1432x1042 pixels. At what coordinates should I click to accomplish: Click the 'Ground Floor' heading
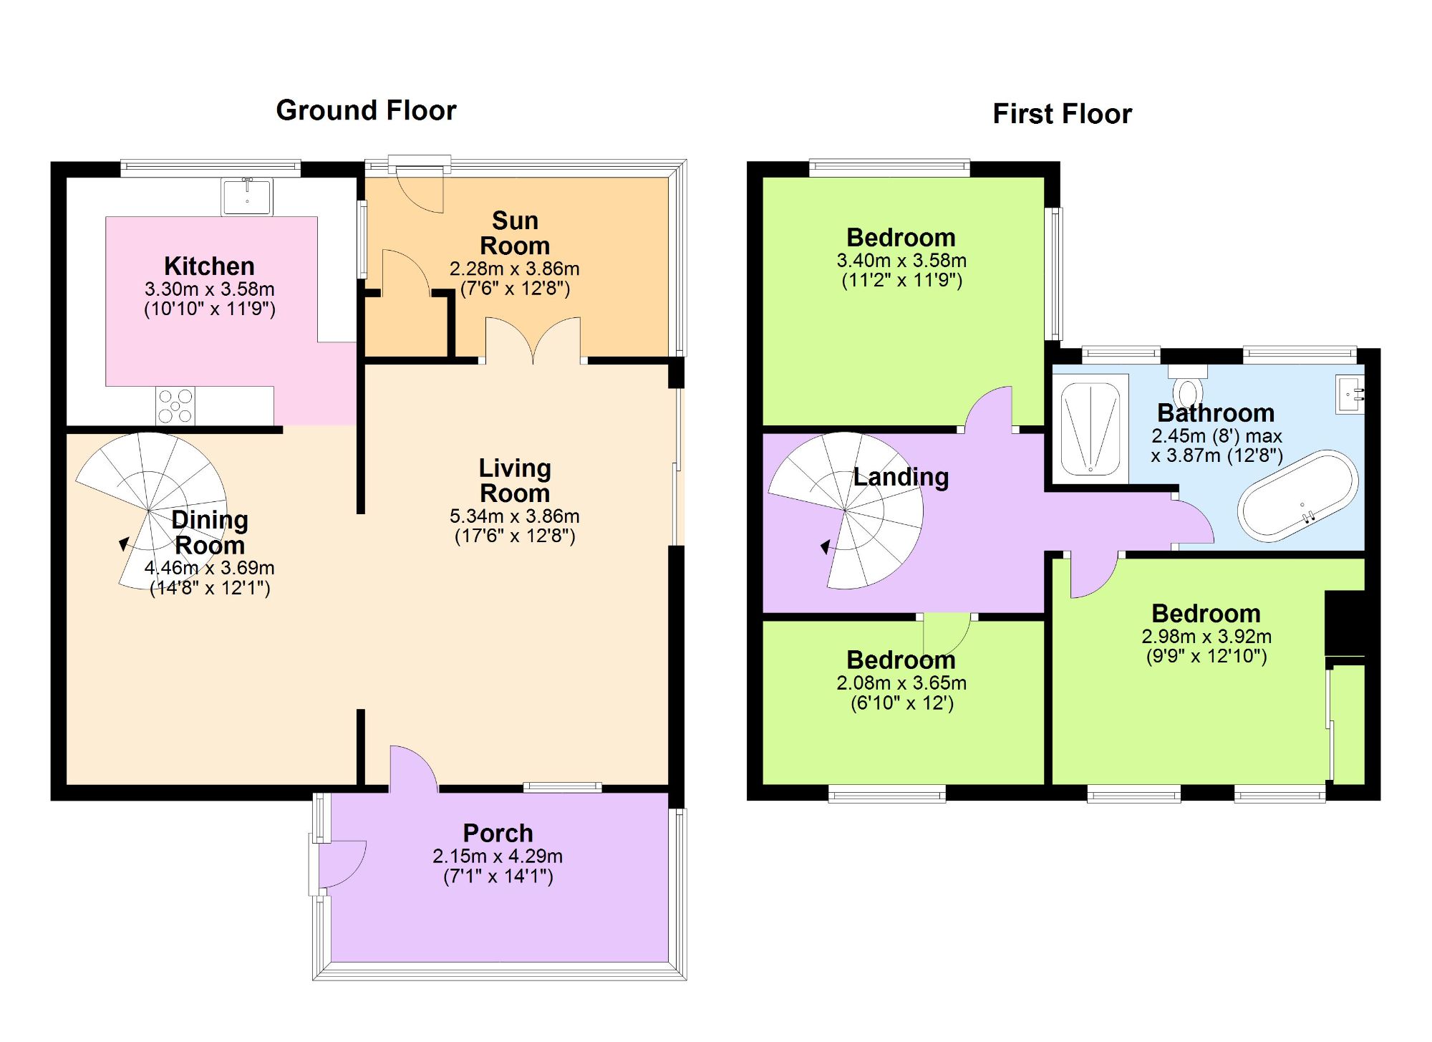[x=366, y=110]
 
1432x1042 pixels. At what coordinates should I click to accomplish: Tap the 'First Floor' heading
[x=1062, y=114]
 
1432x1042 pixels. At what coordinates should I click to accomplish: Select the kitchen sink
[x=246, y=196]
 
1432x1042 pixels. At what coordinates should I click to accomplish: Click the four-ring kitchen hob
[x=175, y=406]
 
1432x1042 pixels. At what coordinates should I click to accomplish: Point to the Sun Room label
[x=515, y=233]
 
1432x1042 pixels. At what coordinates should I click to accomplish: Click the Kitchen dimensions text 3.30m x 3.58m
[x=209, y=289]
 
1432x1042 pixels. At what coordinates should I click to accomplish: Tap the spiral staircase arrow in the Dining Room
[x=124, y=544]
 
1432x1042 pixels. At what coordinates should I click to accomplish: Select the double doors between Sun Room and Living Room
[x=533, y=342]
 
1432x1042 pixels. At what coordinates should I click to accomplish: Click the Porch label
[x=498, y=833]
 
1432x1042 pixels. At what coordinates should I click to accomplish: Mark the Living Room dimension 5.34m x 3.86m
[x=514, y=516]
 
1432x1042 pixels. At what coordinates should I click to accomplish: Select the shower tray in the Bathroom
[x=1090, y=428]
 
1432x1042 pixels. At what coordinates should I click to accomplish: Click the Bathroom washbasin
[x=1349, y=394]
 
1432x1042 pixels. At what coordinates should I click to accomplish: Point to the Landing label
[x=901, y=477]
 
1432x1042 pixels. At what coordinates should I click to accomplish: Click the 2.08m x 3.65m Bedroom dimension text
[x=901, y=683]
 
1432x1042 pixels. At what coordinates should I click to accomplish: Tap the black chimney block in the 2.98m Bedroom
[x=1345, y=622]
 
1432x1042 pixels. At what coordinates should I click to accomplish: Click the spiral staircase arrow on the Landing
[x=826, y=548]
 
